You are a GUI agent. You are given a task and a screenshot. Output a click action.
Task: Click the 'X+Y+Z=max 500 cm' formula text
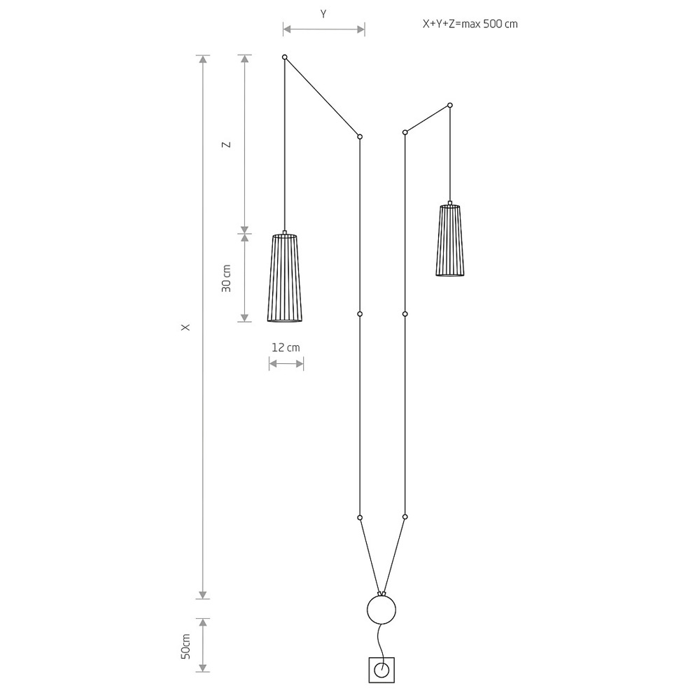(x=470, y=24)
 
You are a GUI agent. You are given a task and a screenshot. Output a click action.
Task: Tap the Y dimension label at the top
(x=323, y=14)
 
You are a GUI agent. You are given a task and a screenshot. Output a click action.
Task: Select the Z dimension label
(x=227, y=144)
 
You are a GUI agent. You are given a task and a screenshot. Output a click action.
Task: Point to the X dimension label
(x=185, y=327)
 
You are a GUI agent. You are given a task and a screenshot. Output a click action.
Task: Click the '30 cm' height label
(x=227, y=279)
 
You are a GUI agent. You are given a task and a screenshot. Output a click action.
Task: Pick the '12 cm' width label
(x=286, y=347)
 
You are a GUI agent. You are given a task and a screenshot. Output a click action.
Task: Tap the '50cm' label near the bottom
(x=185, y=646)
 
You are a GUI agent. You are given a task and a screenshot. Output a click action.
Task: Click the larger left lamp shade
(x=285, y=276)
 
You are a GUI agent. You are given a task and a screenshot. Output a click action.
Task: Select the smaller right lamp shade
(x=450, y=239)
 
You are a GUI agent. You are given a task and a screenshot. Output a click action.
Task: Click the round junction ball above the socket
(x=381, y=610)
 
